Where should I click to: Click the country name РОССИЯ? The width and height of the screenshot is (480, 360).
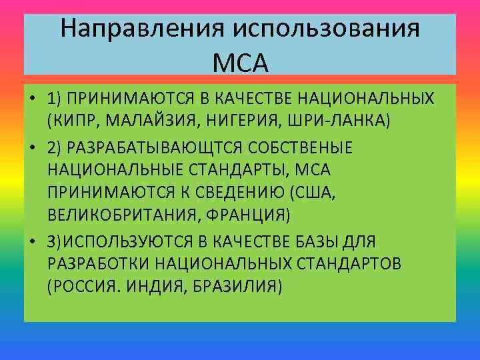(x=78, y=287)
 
